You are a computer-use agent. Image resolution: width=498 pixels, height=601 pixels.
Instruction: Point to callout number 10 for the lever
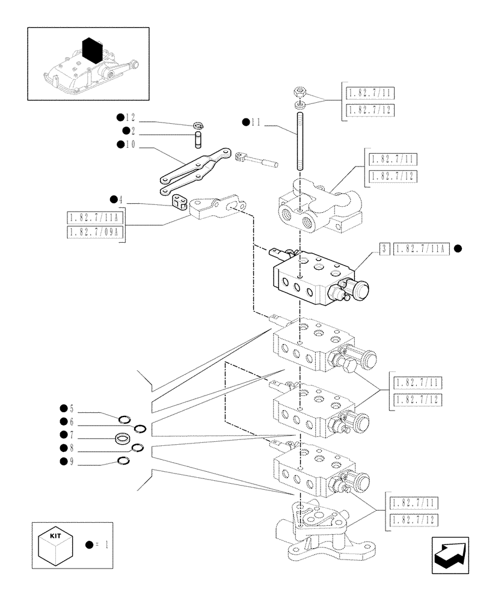pos(131,144)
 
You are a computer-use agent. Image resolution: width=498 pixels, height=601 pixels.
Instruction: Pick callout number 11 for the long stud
pos(256,122)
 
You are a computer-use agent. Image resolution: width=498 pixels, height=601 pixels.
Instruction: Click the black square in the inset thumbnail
pos(92,50)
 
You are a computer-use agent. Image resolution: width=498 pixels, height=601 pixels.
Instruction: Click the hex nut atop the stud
pos(300,93)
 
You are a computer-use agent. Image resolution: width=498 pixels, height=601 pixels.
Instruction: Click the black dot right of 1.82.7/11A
pos(458,248)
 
